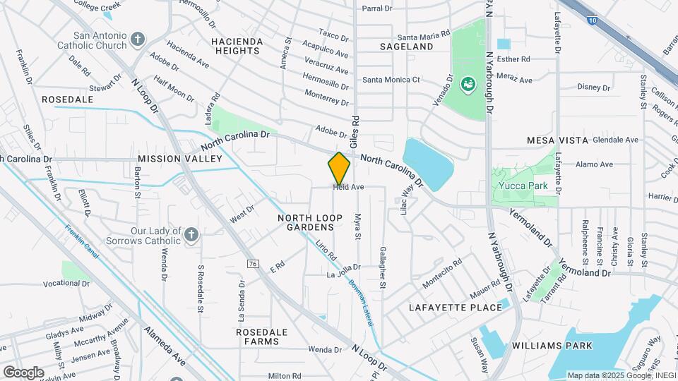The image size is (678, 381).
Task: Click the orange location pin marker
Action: tap(339, 169)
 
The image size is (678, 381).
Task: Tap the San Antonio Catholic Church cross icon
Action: tap(138, 38)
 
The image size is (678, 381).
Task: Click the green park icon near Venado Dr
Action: tap(467, 85)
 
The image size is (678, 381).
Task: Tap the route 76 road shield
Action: tap(252, 263)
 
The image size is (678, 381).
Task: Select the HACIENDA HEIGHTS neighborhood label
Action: tap(237, 47)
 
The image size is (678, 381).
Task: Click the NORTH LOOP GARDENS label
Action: tap(305, 222)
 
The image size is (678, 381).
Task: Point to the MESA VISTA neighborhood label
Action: tap(557, 140)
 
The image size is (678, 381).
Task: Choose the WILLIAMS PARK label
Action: tap(552, 345)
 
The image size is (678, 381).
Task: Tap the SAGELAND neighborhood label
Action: tap(406, 47)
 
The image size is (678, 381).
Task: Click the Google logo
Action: tap(23, 372)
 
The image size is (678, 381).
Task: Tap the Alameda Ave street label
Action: tap(165, 346)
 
